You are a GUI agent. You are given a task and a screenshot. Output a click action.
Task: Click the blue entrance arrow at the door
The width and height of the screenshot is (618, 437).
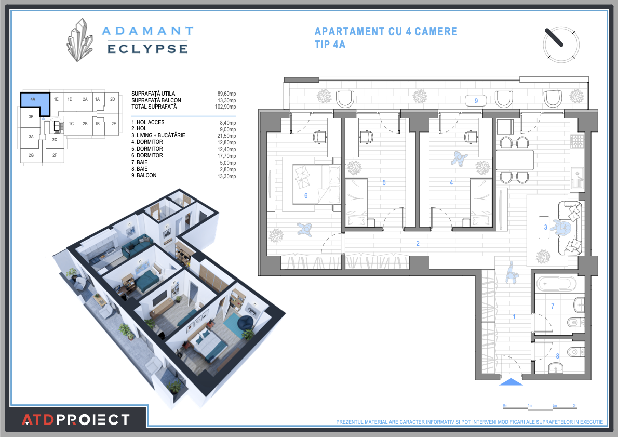[511, 382]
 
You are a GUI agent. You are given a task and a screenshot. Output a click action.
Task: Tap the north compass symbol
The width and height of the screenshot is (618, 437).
[561, 44]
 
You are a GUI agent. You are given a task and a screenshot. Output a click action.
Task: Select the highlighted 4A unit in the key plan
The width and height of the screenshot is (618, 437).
[34, 102]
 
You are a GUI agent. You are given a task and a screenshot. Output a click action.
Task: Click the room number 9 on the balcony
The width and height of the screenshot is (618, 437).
[476, 100]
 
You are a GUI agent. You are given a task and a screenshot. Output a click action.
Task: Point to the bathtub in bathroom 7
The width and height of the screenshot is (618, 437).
[556, 284]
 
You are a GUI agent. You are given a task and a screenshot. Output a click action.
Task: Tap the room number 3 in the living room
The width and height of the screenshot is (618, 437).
[545, 227]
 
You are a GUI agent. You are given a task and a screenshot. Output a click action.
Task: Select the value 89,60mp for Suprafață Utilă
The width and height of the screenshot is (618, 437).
[226, 94]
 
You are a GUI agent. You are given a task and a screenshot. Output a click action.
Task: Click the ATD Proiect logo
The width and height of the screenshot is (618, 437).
[75, 419]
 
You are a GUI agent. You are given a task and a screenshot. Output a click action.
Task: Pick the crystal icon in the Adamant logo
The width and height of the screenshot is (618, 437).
[79, 40]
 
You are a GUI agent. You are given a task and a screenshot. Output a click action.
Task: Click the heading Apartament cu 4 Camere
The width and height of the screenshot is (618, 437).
[386, 31]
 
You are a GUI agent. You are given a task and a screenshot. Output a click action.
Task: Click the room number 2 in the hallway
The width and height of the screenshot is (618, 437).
[417, 243]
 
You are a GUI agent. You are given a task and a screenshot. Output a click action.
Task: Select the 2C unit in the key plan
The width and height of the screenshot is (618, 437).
[55, 140]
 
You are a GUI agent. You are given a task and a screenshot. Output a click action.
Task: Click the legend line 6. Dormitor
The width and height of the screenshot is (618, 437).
[147, 155]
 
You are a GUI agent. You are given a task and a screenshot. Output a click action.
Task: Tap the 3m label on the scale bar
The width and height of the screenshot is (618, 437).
[575, 405]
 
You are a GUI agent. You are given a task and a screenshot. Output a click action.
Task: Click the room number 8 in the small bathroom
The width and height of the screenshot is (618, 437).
[558, 356]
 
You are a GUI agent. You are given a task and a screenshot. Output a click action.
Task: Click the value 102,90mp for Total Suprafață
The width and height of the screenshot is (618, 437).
[226, 107]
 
